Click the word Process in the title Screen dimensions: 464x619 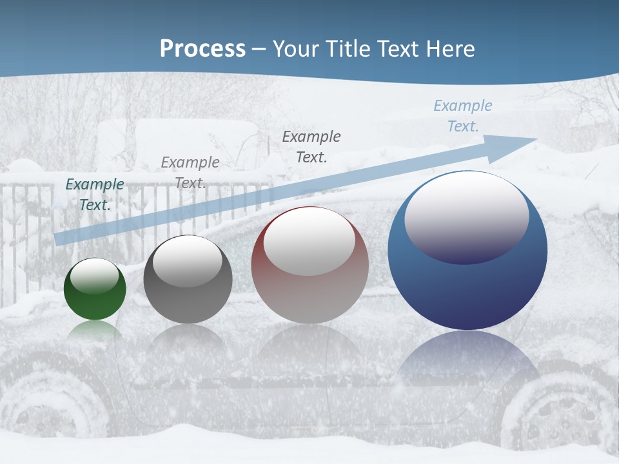(x=202, y=49)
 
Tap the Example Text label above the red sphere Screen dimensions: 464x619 (x=311, y=146)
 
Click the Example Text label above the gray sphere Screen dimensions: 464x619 (x=190, y=173)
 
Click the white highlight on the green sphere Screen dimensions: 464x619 (x=95, y=276)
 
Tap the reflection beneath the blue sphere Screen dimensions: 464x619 (x=467, y=361)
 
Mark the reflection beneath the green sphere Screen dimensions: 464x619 (x=95, y=330)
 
